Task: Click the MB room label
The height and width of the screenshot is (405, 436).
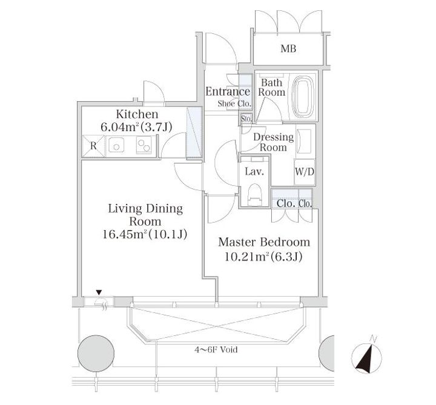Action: click(x=288, y=48)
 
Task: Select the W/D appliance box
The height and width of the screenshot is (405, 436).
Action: click(x=305, y=172)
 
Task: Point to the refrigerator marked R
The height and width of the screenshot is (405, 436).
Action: click(x=93, y=146)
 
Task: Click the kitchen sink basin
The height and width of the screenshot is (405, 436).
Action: click(x=116, y=145)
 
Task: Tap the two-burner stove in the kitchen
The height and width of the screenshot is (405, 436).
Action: click(x=144, y=145)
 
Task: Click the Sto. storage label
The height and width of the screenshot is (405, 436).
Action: click(x=246, y=119)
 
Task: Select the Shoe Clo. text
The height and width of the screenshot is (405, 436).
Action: click(x=234, y=104)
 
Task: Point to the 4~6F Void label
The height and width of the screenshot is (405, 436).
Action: click(x=216, y=349)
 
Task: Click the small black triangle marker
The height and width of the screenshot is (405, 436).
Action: click(x=99, y=292)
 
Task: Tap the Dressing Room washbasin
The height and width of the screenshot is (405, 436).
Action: click(x=303, y=141)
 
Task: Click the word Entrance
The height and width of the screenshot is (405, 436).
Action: click(x=228, y=91)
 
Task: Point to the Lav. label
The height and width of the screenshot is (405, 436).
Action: click(x=254, y=171)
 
